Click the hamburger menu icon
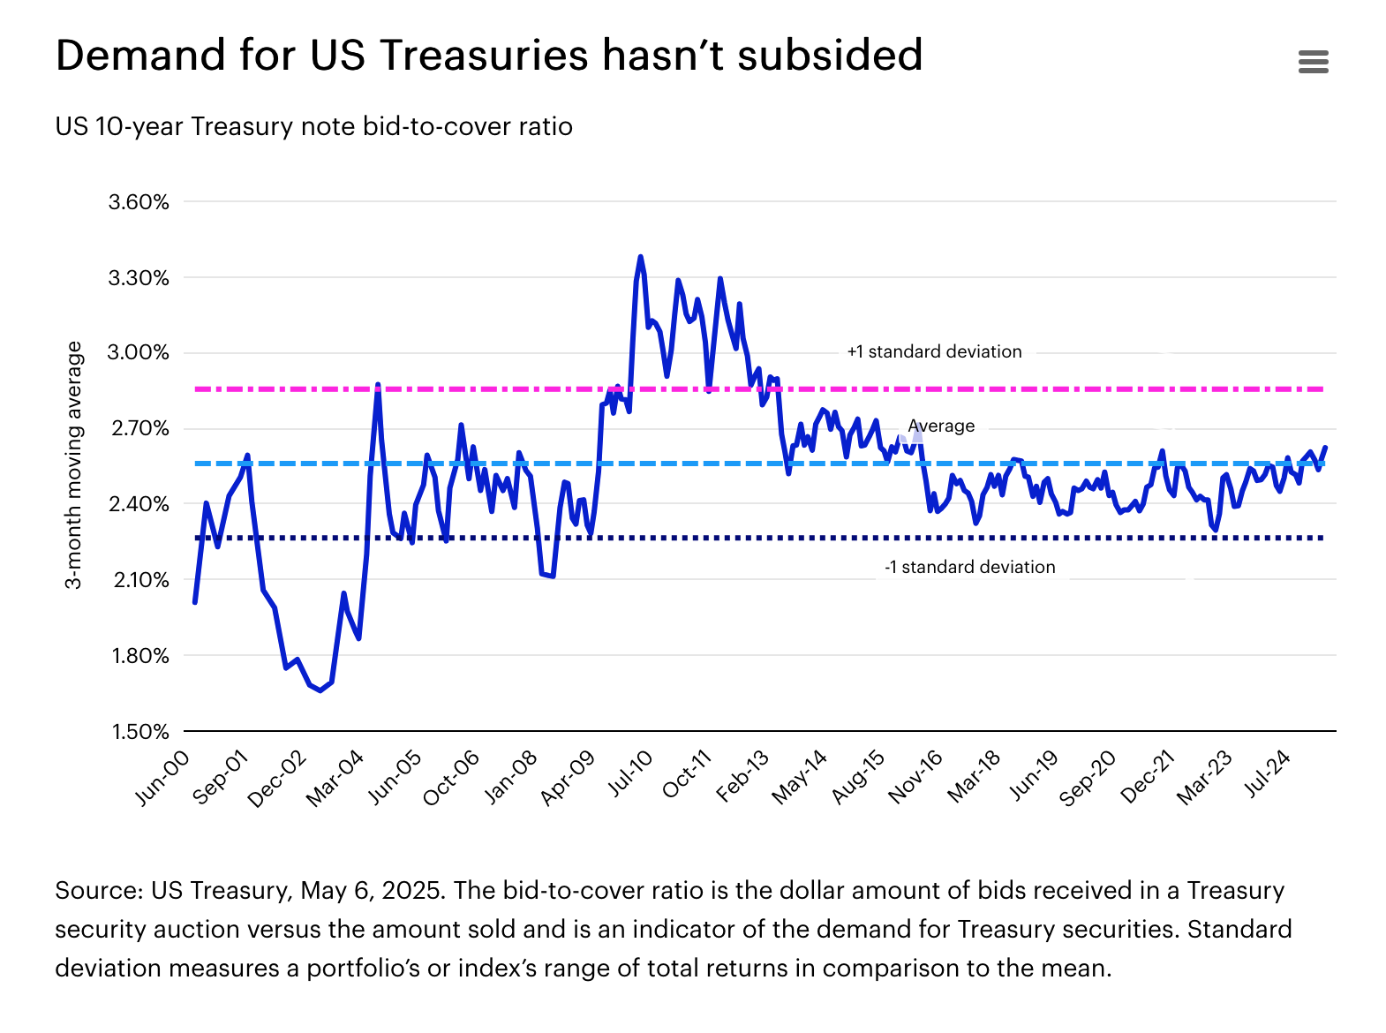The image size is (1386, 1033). pyautogui.click(x=1314, y=62)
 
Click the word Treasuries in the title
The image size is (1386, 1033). pyautogui.click(x=484, y=56)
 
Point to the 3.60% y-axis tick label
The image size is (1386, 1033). pyautogui.click(x=139, y=202)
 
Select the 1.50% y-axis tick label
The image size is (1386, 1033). pyautogui.click(x=139, y=732)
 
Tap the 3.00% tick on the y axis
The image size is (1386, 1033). pyautogui.click(x=139, y=353)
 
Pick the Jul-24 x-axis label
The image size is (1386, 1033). pyautogui.click(x=1269, y=773)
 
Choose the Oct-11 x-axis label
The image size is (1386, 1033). pyautogui.click(x=688, y=773)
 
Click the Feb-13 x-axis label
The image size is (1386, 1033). pyautogui.click(x=743, y=775)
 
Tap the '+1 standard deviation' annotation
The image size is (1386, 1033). pyautogui.click(x=934, y=351)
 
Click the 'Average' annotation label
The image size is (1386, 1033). pyautogui.click(x=941, y=426)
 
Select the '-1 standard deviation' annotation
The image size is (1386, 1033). pyautogui.click(x=969, y=567)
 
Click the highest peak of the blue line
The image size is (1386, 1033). pyautogui.click(x=640, y=257)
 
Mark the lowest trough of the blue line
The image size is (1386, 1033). pyautogui.click(x=320, y=690)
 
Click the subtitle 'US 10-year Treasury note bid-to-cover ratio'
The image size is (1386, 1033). pyautogui.click(x=313, y=126)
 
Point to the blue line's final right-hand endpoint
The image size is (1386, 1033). pyautogui.click(x=1326, y=448)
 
